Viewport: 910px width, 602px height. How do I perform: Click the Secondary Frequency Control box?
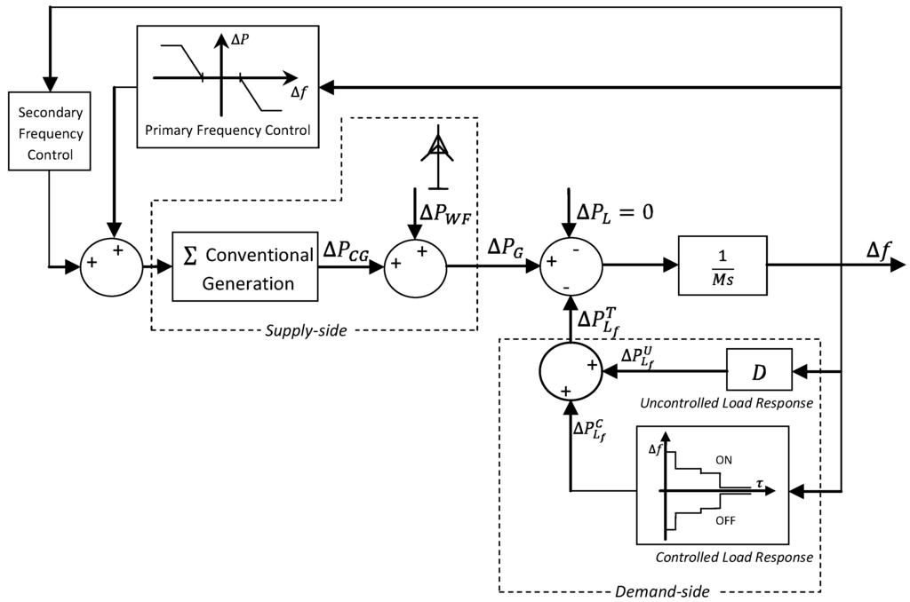(50, 131)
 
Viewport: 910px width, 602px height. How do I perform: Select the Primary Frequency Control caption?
(227, 130)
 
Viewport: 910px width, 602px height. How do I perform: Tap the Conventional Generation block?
(245, 266)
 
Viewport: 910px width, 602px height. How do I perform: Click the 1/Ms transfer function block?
(722, 265)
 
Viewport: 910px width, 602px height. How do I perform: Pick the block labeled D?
(759, 369)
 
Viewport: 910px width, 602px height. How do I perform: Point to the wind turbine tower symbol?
(437, 157)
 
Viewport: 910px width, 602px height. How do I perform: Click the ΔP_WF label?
(444, 215)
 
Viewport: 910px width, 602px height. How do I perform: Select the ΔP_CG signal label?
(347, 250)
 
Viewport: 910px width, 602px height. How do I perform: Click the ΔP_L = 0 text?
(615, 211)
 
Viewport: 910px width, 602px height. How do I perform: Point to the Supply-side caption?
(306, 330)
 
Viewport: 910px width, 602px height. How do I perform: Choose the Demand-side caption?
(662, 591)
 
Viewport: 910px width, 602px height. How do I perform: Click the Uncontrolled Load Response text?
(727, 403)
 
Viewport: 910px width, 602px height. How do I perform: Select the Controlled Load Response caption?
(734, 558)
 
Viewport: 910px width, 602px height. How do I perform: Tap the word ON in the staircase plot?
(723, 461)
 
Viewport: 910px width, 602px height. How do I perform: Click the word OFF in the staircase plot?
(725, 521)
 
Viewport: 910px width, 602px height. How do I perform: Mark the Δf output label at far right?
(879, 250)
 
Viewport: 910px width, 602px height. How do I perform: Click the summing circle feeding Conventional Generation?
(111, 266)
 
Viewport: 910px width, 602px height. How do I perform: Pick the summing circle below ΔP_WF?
(416, 266)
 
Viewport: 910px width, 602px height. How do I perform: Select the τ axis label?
(760, 483)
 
